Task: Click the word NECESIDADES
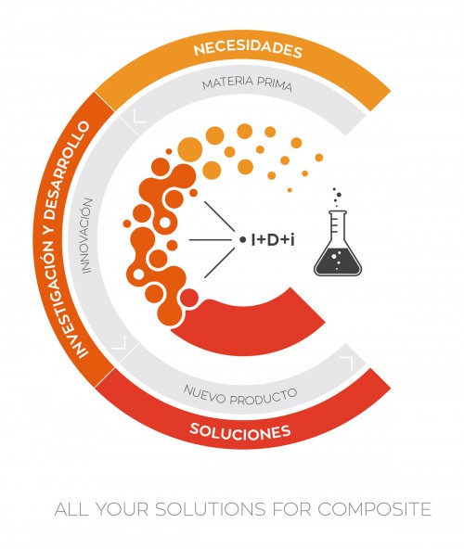(x=248, y=48)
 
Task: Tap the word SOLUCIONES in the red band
(x=240, y=430)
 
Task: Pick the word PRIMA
(x=275, y=84)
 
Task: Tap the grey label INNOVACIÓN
(x=86, y=236)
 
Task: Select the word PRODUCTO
(x=264, y=397)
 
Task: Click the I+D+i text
(x=273, y=240)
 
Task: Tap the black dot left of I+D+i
(x=242, y=240)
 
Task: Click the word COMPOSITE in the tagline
(x=374, y=509)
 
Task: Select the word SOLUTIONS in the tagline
(x=211, y=509)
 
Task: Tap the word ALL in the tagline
(x=71, y=509)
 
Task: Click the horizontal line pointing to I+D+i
(x=209, y=240)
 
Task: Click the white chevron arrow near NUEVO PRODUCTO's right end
(x=348, y=363)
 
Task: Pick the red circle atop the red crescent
(x=189, y=298)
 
